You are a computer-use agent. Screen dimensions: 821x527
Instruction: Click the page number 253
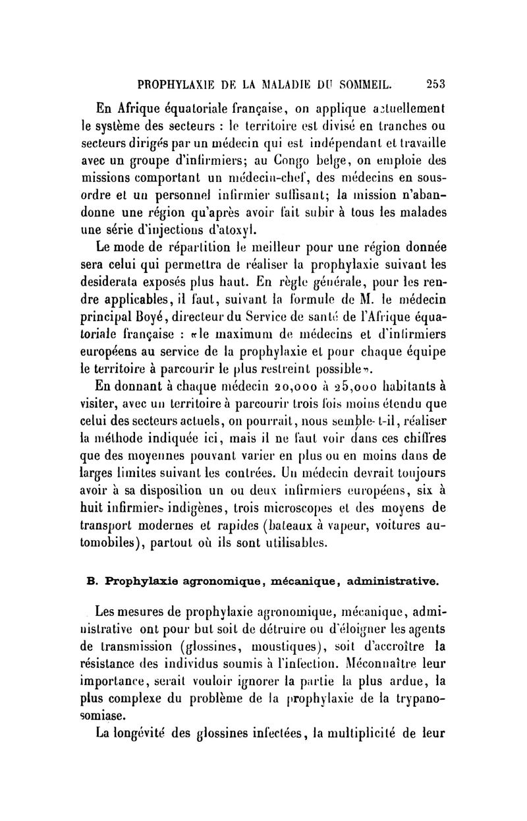pos(436,84)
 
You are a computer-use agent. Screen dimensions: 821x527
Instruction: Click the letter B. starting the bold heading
pos(92,581)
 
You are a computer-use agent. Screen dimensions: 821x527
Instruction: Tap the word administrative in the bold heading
pos(392,581)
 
